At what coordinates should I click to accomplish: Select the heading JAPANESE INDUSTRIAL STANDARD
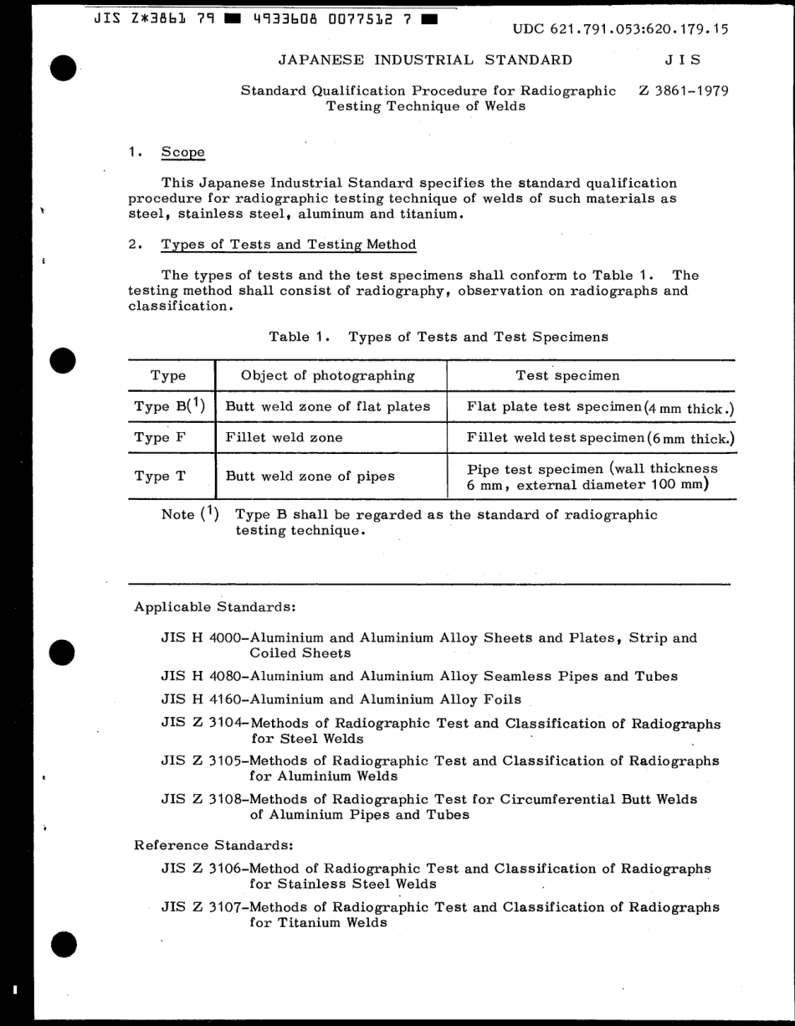pos(425,59)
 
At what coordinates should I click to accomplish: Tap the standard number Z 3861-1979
pos(682,90)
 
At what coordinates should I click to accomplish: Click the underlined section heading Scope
pos(182,152)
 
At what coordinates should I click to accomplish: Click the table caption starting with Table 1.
pos(438,337)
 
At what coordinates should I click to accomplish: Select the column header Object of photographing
pos(327,375)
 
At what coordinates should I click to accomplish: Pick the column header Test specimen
pos(567,375)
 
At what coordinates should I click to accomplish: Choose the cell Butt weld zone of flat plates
pos(328,407)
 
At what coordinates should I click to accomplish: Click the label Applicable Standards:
pos(214,606)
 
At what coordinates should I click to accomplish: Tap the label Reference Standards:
pos(213,845)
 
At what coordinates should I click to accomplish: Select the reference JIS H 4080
pos(200,676)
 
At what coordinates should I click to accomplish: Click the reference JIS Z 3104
pos(200,724)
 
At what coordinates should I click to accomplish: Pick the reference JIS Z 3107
pos(200,907)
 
